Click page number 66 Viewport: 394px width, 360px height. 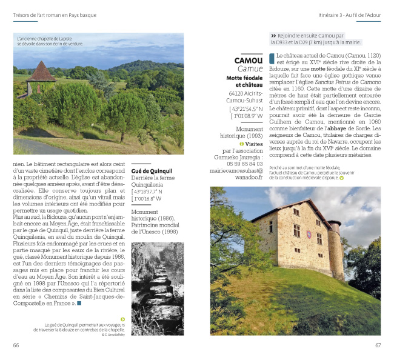tap(16, 345)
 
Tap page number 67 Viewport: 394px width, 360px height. tap(377, 345)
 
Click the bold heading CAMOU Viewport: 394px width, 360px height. tap(249, 61)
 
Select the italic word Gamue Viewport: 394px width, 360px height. tap(250, 69)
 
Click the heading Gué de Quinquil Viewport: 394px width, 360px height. tap(152, 171)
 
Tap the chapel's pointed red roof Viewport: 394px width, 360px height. tap(41, 72)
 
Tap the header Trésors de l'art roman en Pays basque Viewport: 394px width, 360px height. tap(55, 15)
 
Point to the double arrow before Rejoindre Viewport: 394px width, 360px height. tap(274, 36)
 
